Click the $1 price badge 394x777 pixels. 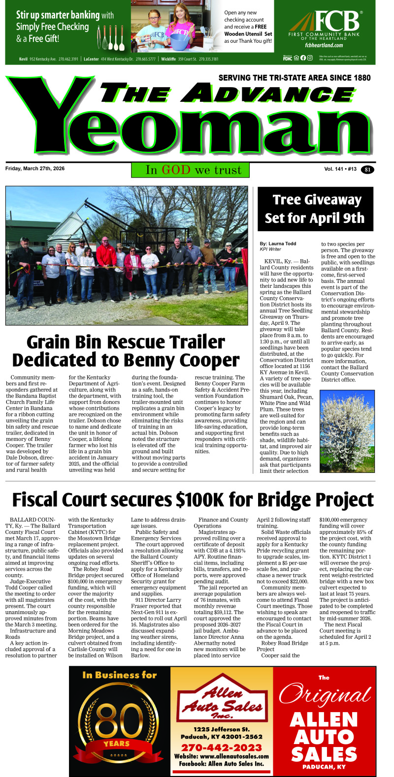(367, 170)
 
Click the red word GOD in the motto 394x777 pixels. (176, 170)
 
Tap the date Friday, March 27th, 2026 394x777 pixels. (35, 169)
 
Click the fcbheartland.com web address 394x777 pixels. (324, 45)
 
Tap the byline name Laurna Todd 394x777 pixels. (282, 244)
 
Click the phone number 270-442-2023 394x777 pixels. (221, 747)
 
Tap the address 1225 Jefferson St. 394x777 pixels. (221, 729)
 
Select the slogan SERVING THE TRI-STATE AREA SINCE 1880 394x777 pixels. (294, 78)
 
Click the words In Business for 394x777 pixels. (120, 675)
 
